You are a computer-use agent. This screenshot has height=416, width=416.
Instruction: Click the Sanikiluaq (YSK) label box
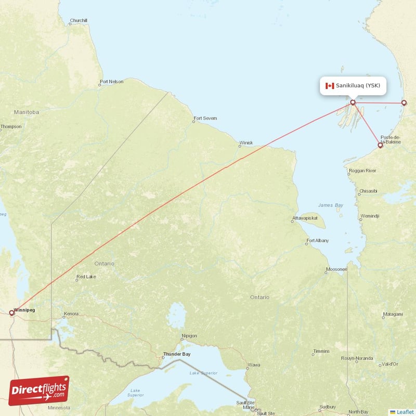coord(353,86)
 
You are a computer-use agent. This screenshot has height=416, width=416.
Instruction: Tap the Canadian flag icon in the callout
coord(329,86)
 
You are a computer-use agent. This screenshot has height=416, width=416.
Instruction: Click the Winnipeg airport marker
coord(11,313)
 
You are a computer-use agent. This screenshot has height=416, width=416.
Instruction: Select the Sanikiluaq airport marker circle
coord(353,102)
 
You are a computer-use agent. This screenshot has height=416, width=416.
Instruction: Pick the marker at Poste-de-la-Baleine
coord(380,146)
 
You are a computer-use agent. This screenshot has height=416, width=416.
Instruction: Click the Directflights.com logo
coord(39,391)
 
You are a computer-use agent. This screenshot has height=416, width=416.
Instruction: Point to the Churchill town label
coord(79,21)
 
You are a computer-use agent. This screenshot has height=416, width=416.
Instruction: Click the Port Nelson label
coord(112,82)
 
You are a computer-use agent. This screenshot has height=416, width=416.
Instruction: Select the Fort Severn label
coord(205,119)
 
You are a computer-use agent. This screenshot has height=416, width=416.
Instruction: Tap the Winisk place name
coord(246,142)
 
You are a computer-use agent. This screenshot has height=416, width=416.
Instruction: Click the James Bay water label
coord(331,205)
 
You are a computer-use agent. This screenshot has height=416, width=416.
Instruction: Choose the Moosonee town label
coord(336,269)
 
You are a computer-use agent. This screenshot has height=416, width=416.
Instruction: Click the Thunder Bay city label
coord(177,354)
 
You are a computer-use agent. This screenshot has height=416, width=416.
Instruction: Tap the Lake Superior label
coord(203,373)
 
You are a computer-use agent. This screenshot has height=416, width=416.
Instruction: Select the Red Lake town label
coord(86,277)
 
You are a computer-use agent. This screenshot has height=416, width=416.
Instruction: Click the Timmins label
coord(321,352)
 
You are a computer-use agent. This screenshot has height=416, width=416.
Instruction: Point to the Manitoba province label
coord(27,112)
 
